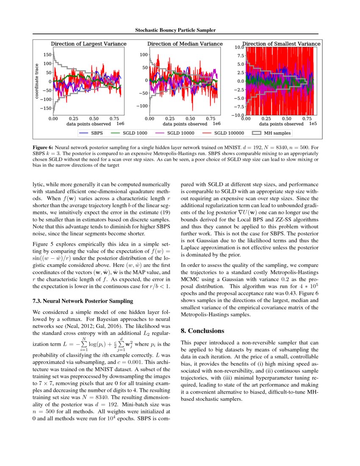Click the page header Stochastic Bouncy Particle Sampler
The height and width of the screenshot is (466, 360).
click(x=175, y=31)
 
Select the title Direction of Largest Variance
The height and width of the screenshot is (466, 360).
click(x=89, y=44)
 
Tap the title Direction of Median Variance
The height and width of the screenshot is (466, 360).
click(x=185, y=44)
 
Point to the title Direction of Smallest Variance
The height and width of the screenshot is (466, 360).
click(x=281, y=44)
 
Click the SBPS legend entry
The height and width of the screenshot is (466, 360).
click(x=93, y=133)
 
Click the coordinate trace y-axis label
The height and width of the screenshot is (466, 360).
click(x=37, y=82)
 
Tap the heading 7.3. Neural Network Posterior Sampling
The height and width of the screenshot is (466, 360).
click(x=83, y=301)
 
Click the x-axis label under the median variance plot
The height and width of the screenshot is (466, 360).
click(x=185, y=124)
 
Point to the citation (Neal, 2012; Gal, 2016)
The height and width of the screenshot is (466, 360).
click(x=115, y=327)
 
